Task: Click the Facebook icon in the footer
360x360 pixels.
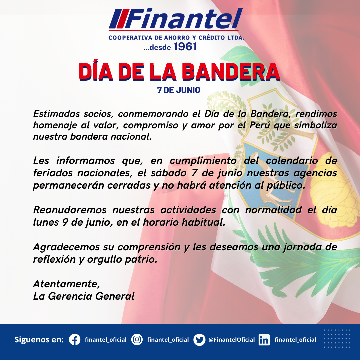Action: click(75, 340)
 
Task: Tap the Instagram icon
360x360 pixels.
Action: click(137, 340)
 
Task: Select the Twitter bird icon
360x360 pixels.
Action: click(199, 340)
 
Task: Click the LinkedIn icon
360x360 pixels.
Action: click(264, 340)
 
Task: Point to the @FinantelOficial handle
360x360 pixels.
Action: click(231, 340)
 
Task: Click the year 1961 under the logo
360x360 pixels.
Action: click(185, 47)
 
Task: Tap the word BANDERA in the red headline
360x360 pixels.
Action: click(231, 72)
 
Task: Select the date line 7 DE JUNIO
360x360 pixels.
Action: click(179, 90)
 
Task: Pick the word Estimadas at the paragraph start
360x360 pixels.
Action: click(56, 114)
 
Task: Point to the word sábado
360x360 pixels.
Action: click(169, 173)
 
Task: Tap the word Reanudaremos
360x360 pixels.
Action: click(70, 210)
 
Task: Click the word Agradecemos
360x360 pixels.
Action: click(67, 247)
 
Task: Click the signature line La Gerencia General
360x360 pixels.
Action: click(84, 296)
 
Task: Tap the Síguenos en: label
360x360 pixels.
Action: click(39, 340)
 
